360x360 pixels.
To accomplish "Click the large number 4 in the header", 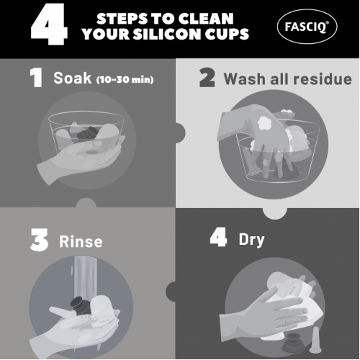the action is coord(49,24).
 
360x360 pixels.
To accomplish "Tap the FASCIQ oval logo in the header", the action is coord(307,27).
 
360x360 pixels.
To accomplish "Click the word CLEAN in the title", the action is coord(206,19).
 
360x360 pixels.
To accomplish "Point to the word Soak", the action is coord(72,78).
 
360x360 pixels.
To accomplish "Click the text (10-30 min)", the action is coord(125,79).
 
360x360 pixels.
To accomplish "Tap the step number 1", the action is coord(36,77).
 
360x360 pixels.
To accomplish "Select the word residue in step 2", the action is coord(323,78).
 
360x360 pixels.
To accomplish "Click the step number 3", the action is coord(39,240).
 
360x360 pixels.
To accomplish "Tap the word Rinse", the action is coord(81,241).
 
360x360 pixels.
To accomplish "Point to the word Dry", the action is coord(251,240).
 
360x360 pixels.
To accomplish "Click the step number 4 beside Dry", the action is coord(218,237).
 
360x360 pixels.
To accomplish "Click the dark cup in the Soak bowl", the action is coord(89,133).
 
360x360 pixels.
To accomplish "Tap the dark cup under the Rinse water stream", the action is coord(81,306).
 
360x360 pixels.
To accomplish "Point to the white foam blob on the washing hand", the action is coord(264,123).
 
